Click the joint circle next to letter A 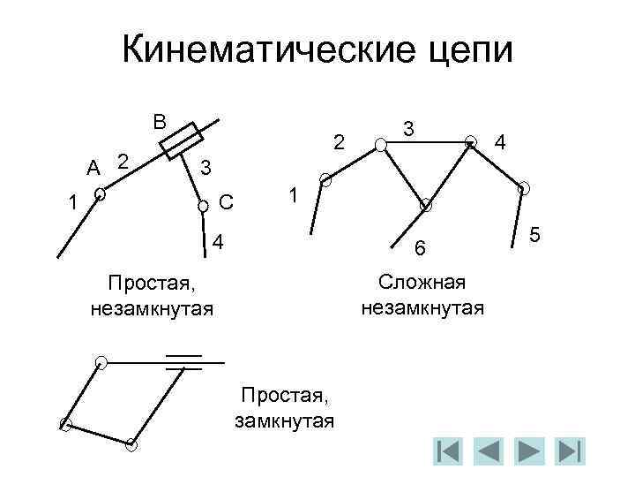pyautogui.click(x=101, y=193)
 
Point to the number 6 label pyautogui.click(x=421, y=252)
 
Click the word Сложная pyautogui.click(x=422, y=283)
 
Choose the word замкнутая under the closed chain pyautogui.click(x=284, y=420)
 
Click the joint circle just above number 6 pyautogui.click(x=425, y=205)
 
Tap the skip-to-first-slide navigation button pyautogui.click(x=447, y=450)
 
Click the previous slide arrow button pyautogui.click(x=487, y=450)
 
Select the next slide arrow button pyautogui.click(x=528, y=450)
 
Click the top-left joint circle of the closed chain pyautogui.click(x=102, y=361)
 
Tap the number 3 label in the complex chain pyautogui.click(x=408, y=129)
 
